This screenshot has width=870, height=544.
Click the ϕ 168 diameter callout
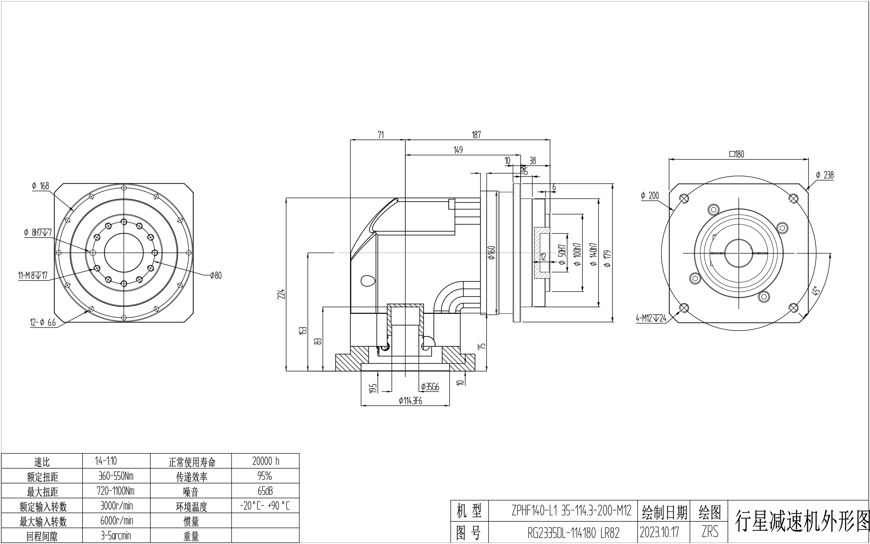(x=40, y=186)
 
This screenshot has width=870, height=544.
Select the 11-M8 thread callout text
(x=33, y=276)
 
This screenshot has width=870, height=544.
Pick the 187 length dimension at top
(x=476, y=135)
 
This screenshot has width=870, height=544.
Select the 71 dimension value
(x=381, y=135)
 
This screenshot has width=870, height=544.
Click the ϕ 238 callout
(x=825, y=175)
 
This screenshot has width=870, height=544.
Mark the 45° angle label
(x=816, y=291)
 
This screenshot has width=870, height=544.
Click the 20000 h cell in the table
(x=265, y=461)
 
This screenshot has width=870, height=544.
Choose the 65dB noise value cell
(x=265, y=491)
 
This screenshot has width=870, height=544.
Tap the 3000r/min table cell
(x=116, y=506)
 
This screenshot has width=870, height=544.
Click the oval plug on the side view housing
(x=368, y=280)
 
